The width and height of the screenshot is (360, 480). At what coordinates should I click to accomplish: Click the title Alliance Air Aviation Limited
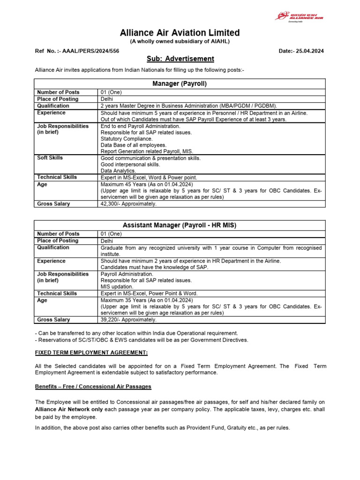180,33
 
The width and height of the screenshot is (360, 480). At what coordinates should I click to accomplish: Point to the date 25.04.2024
307,51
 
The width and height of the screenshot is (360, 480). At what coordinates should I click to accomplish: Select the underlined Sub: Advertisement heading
180,59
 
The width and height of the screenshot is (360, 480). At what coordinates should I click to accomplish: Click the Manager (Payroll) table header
180,84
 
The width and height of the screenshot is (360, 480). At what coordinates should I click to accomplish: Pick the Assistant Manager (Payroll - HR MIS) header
180,225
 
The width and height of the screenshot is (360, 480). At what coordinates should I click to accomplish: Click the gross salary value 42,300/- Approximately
129,204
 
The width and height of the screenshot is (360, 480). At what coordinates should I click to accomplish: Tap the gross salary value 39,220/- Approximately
129,320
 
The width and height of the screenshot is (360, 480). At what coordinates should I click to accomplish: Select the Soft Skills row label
50,158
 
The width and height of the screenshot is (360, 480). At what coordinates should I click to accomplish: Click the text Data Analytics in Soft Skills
118,171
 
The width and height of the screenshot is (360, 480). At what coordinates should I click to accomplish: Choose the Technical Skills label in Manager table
57,177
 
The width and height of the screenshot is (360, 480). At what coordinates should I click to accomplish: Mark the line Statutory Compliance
126,139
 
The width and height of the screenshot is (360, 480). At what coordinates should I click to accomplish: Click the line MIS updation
117,286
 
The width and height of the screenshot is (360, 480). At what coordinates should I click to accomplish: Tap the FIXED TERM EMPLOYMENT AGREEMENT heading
91,352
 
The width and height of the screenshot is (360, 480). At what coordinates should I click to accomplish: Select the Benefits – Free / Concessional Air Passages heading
93,387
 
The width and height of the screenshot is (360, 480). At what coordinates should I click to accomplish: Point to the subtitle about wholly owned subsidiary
180,41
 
